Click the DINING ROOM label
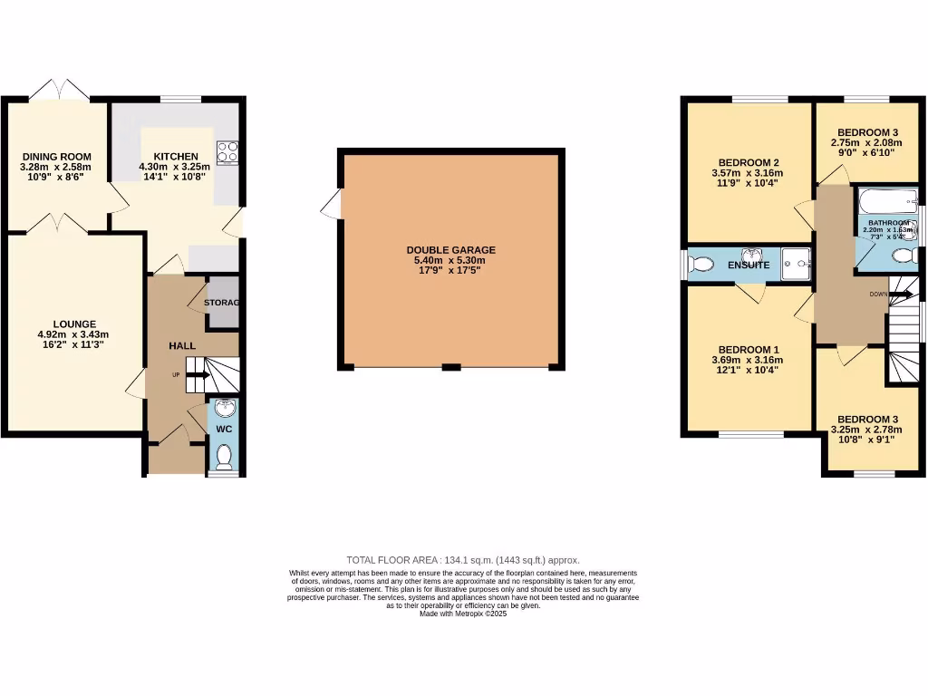click(x=56, y=156)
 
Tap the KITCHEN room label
click(x=175, y=156)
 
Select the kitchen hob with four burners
click(x=227, y=151)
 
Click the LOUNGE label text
click(x=74, y=324)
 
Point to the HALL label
click(x=182, y=346)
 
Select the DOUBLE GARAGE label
click(x=450, y=250)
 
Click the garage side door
click(x=333, y=205)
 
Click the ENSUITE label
click(x=749, y=266)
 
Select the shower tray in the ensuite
click(x=795, y=259)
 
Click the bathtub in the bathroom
click(x=886, y=200)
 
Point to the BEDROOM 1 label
click(x=749, y=350)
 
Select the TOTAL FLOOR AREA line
click(x=463, y=560)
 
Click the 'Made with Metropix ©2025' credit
click(x=463, y=614)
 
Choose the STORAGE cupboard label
click(x=221, y=303)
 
